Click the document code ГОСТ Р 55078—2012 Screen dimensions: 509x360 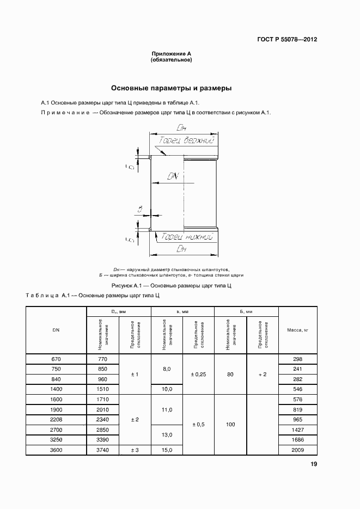288,40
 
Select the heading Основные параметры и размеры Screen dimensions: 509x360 172,88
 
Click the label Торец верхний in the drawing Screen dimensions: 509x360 185,140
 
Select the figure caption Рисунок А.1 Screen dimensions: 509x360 172,285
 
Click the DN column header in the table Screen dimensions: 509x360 56,330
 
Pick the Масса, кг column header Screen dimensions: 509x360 297,330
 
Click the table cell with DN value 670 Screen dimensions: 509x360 56,359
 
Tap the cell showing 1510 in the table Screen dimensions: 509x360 102,389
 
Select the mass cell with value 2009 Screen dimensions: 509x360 297,450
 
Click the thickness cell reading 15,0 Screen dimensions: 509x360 167,450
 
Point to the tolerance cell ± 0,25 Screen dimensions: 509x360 198,374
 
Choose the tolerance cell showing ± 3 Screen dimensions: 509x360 135,450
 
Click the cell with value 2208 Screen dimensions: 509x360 56,419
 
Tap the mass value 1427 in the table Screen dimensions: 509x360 297,430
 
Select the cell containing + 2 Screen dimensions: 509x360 262,374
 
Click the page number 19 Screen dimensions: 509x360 314,464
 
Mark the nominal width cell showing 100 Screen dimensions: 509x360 230,424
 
